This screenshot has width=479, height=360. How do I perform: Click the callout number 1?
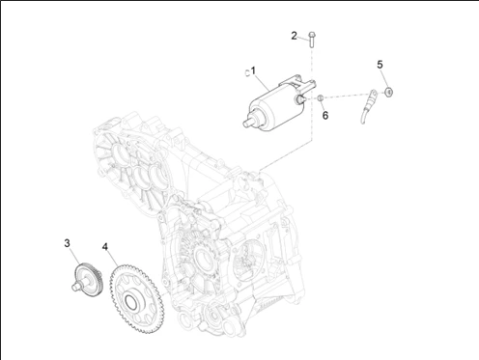(253, 70)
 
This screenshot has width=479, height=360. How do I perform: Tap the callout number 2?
(294, 36)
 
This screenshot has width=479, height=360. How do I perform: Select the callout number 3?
(67, 243)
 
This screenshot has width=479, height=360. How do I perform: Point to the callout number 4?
(105, 247)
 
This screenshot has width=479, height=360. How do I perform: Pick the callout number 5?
(380, 65)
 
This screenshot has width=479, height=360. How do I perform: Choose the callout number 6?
(325, 115)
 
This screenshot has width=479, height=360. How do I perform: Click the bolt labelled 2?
(311, 40)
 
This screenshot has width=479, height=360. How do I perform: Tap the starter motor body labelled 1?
(278, 103)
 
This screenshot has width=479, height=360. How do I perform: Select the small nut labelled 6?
(321, 97)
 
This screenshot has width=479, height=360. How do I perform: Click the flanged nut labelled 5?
(389, 92)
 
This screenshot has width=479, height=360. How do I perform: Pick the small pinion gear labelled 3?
(87, 280)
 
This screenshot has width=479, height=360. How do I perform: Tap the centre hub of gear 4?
(130, 302)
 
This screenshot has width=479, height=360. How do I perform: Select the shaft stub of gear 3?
(77, 287)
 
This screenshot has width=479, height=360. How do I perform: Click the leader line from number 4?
(112, 259)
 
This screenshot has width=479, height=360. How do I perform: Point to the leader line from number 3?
(74, 256)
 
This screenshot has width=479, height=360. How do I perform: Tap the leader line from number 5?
(385, 78)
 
